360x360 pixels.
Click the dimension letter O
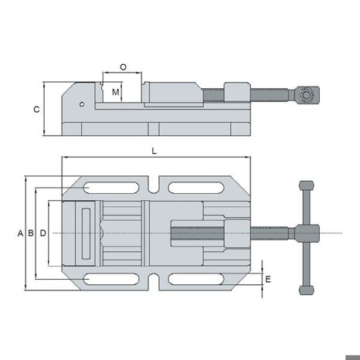pyautogui.click(x=124, y=67)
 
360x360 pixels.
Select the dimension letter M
pyautogui.click(x=116, y=92)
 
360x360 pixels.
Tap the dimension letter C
pyautogui.click(x=36, y=110)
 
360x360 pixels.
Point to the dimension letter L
pyautogui.click(x=154, y=151)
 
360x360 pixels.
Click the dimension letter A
pyautogui.click(x=20, y=233)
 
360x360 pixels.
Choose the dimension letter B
pyautogui.click(x=31, y=233)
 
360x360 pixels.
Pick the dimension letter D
pyautogui.click(x=43, y=233)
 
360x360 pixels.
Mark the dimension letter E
pyautogui.click(x=268, y=279)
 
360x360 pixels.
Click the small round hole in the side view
pyautogui.click(x=82, y=104)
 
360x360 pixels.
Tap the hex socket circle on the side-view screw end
pyautogui.click(x=306, y=95)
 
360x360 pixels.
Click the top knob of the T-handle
pyautogui.click(x=307, y=185)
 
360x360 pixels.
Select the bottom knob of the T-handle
pyautogui.click(x=307, y=290)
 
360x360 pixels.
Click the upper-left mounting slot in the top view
pyautogui.click(x=110, y=188)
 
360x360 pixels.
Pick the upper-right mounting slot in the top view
pyautogui.click(x=196, y=188)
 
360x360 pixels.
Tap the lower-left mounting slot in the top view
pyautogui.click(x=110, y=279)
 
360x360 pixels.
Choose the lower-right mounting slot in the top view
pyautogui.click(x=196, y=279)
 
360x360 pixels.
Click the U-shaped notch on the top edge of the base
pyautogui.click(x=154, y=185)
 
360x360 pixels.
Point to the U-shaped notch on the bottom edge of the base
pyautogui.click(x=154, y=282)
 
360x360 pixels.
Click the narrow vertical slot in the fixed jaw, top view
pyautogui.click(x=86, y=233)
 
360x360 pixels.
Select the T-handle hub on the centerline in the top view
pyautogui.click(x=307, y=233)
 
